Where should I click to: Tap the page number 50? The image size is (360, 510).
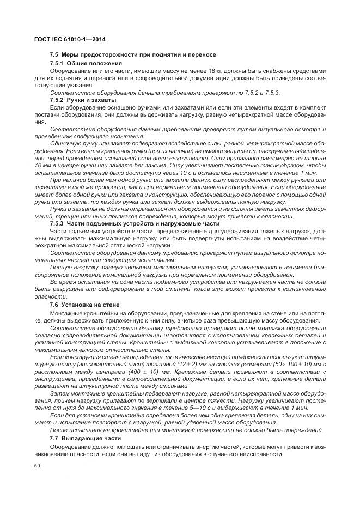pyautogui.click(x=37, y=466)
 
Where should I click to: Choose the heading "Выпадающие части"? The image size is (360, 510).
pyautogui.click(x=90, y=438)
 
